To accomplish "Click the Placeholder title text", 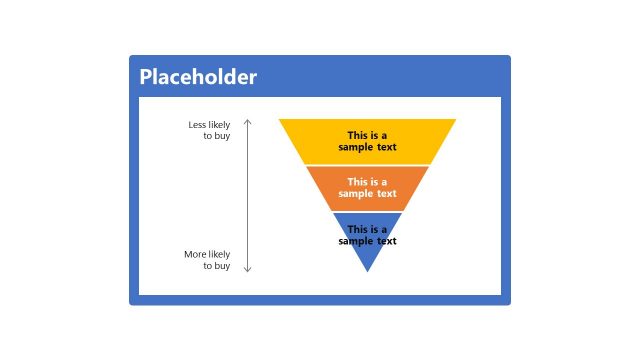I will click(x=198, y=77).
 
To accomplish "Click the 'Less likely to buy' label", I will click(x=209, y=130).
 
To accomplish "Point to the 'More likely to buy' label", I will click(x=207, y=260).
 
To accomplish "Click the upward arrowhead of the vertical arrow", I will click(x=248, y=121).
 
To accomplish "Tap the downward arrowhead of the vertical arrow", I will click(x=248, y=269).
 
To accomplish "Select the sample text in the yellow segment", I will click(x=367, y=141).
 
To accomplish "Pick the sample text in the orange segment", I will click(x=367, y=188).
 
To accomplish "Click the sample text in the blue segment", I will click(x=367, y=235).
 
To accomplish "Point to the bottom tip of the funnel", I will click(x=367, y=270).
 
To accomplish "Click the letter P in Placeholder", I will click(x=146, y=77).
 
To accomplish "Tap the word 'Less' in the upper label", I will click(x=197, y=125).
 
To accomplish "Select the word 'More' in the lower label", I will click(x=194, y=254).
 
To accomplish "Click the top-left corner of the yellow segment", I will click(x=281, y=120).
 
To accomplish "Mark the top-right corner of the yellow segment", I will click(x=454, y=120).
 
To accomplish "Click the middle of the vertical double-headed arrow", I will click(x=248, y=195).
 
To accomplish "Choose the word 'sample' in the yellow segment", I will click(x=355, y=147).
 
